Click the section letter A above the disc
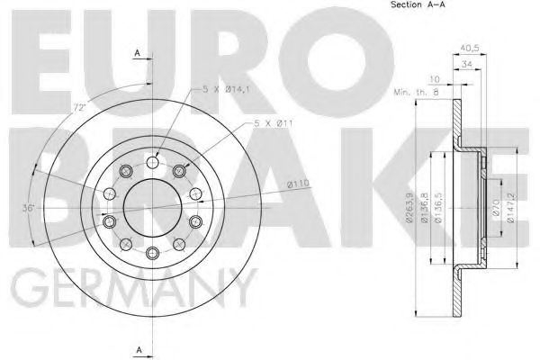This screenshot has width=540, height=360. coord(138,53)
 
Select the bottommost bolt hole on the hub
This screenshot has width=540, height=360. coord(154,252)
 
